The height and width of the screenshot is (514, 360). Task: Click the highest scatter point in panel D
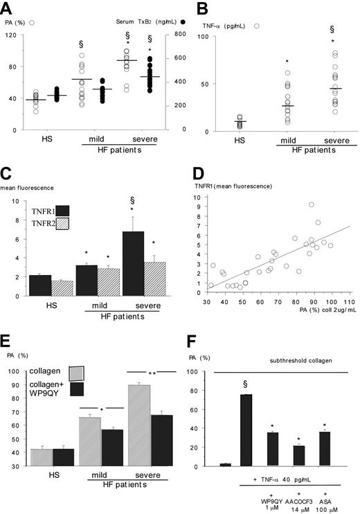312,205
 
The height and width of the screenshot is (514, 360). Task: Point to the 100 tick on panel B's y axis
193,35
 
